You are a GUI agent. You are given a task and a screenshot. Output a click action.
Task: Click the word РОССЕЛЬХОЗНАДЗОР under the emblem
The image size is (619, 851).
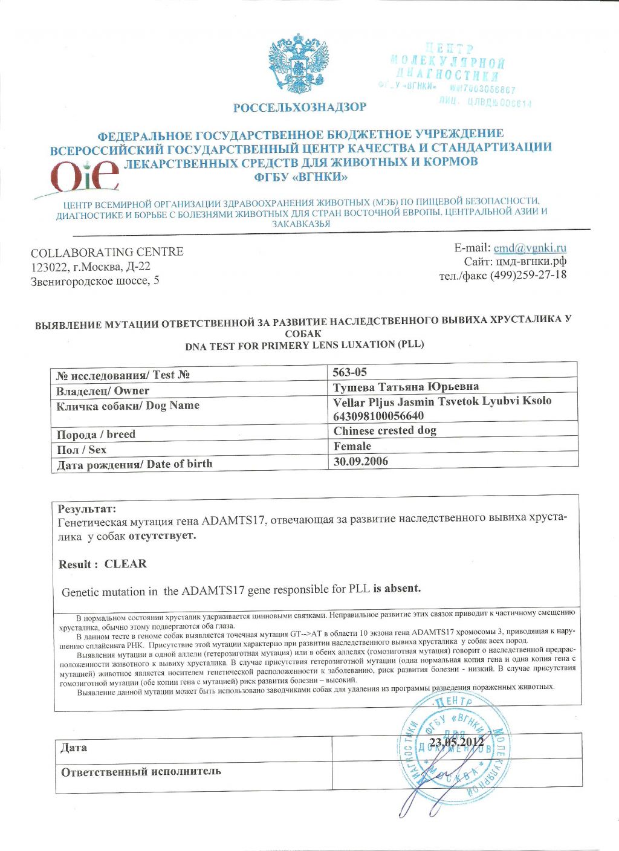coord(300,108)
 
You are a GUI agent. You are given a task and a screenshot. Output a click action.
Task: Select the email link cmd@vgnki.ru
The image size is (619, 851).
coord(530,248)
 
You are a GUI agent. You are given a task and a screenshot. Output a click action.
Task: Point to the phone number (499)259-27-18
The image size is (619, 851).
coord(528,275)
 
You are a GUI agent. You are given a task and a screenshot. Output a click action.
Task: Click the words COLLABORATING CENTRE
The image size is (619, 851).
coord(107,252)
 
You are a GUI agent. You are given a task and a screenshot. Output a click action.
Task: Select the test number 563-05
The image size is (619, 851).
coord(350,372)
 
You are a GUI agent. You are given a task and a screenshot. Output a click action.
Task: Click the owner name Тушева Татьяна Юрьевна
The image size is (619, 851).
coord(406,387)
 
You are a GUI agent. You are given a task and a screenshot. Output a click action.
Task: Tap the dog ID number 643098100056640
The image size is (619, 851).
coord(378,416)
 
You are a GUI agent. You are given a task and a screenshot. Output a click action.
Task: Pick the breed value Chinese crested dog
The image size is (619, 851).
coord(384,431)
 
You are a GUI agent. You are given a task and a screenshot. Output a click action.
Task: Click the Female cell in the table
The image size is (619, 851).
coord(352,446)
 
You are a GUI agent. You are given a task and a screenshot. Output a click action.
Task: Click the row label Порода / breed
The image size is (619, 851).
coord(96,435)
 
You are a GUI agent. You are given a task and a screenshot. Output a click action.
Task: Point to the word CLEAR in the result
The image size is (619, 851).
coord(125,564)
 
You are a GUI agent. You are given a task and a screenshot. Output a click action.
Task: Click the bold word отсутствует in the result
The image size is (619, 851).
coord(162,536)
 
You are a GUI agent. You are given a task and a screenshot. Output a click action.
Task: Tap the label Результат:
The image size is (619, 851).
coord(86,509)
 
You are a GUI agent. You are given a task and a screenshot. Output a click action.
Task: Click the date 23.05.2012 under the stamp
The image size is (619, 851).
coord(456,742)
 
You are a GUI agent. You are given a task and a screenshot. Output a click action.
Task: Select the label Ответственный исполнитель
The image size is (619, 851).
coord(141,772)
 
